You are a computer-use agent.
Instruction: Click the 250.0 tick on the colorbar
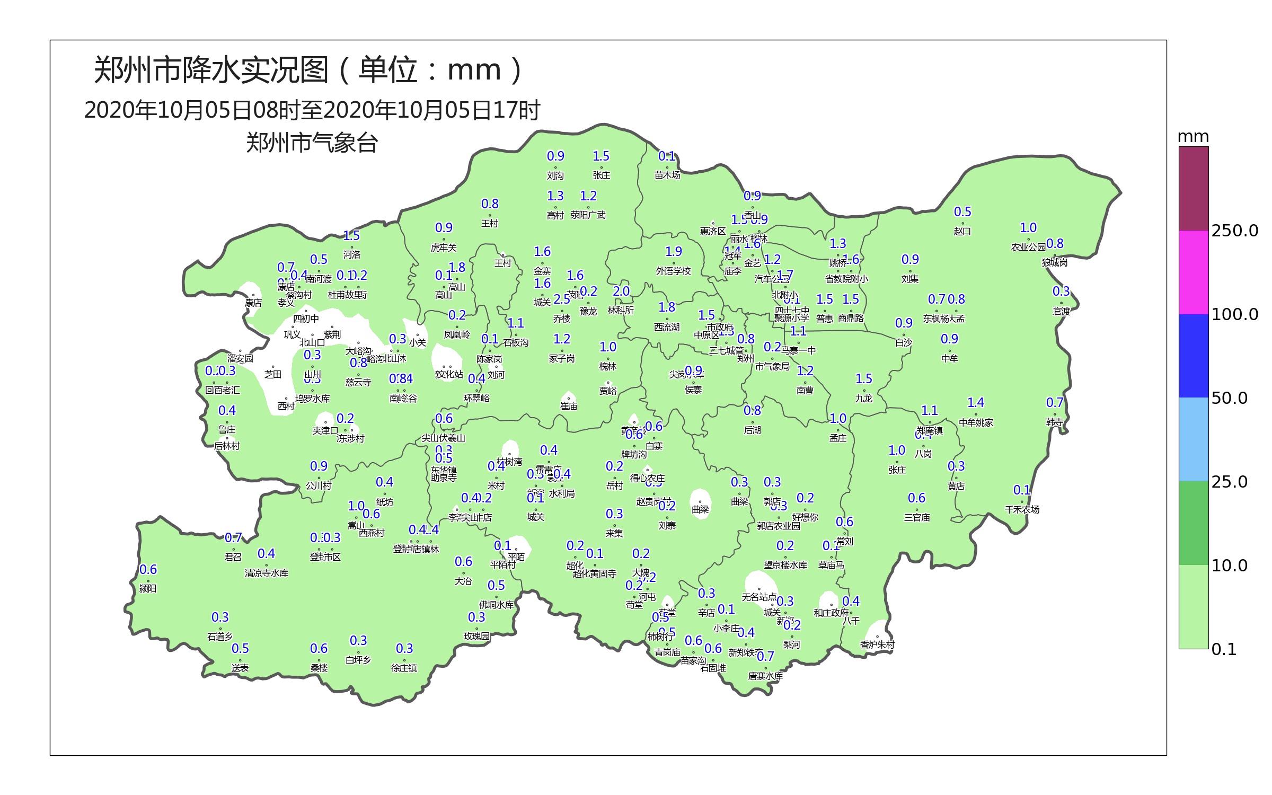pos(1234,231)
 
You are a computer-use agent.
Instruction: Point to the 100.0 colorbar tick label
pos(1234,314)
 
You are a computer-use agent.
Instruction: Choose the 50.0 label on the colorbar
pos(1229,398)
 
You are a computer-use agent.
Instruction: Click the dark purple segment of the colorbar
pos(1194,188)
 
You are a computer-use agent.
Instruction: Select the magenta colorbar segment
pos(1194,272)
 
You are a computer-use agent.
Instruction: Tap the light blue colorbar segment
pos(1194,439)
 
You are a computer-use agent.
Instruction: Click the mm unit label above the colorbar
pos(1193,137)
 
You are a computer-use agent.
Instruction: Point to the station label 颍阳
pos(148,589)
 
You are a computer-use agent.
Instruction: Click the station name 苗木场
pos(667,175)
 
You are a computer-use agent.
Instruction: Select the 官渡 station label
pos(1061,312)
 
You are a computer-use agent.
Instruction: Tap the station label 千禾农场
pos(1022,510)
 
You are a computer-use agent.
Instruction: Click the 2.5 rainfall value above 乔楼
pos(562,299)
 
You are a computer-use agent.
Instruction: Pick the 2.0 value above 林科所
pos(621,291)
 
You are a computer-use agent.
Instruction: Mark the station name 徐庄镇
pos(404,668)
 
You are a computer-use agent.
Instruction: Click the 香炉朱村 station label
pos(877,645)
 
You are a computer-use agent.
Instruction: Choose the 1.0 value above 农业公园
pos(1028,228)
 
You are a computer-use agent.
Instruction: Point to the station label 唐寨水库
pos(765,676)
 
